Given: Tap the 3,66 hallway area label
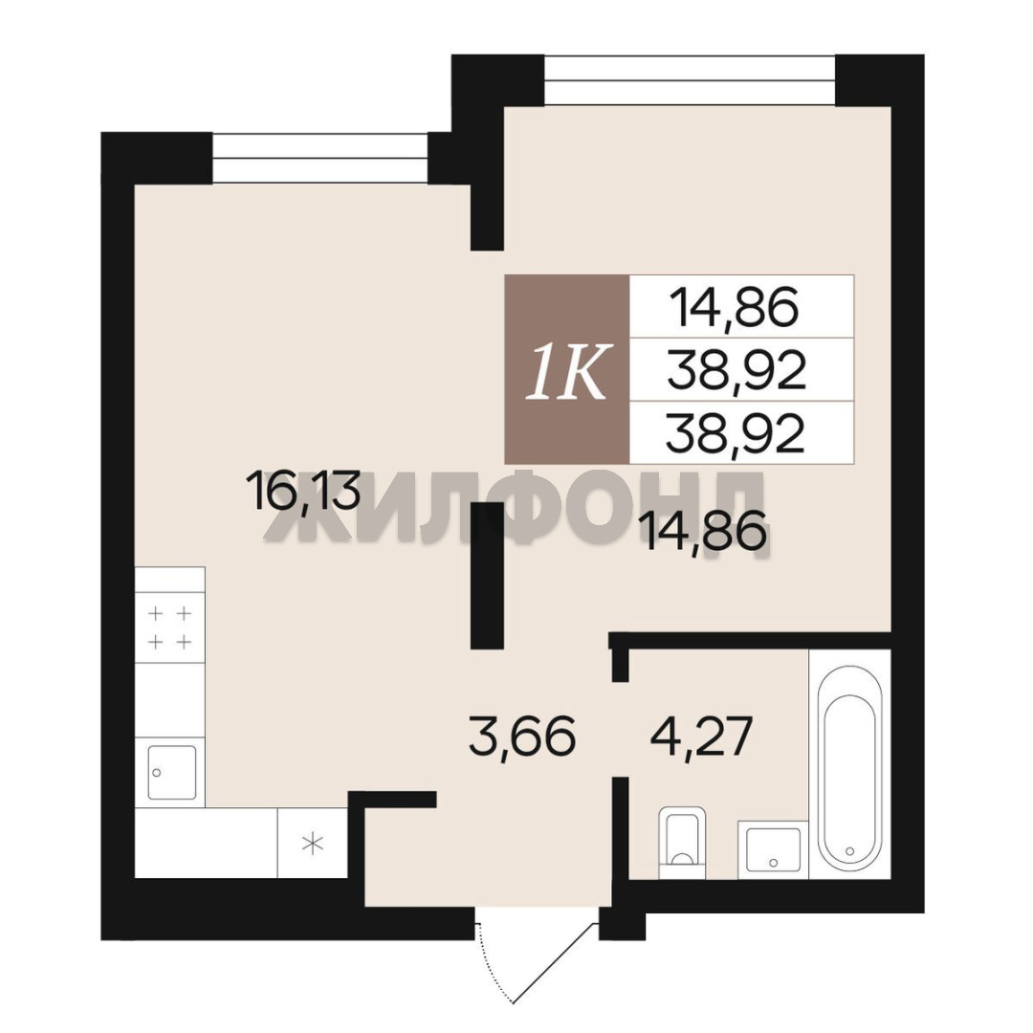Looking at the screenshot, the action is click(522, 737).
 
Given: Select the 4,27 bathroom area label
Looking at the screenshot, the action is click(699, 737).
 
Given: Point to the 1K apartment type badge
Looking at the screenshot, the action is click(566, 369).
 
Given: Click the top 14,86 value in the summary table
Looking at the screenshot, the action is click(734, 308).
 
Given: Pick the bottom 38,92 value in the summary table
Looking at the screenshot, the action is click(736, 434).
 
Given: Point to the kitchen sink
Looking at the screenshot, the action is click(172, 772).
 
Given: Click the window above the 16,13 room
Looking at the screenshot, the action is click(320, 158).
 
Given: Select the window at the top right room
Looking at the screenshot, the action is click(690, 80).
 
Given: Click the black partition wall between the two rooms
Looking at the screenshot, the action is click(487, 575).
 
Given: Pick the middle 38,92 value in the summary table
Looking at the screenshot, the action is click(736, 371).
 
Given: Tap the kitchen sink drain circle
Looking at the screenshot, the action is click(157, 772).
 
